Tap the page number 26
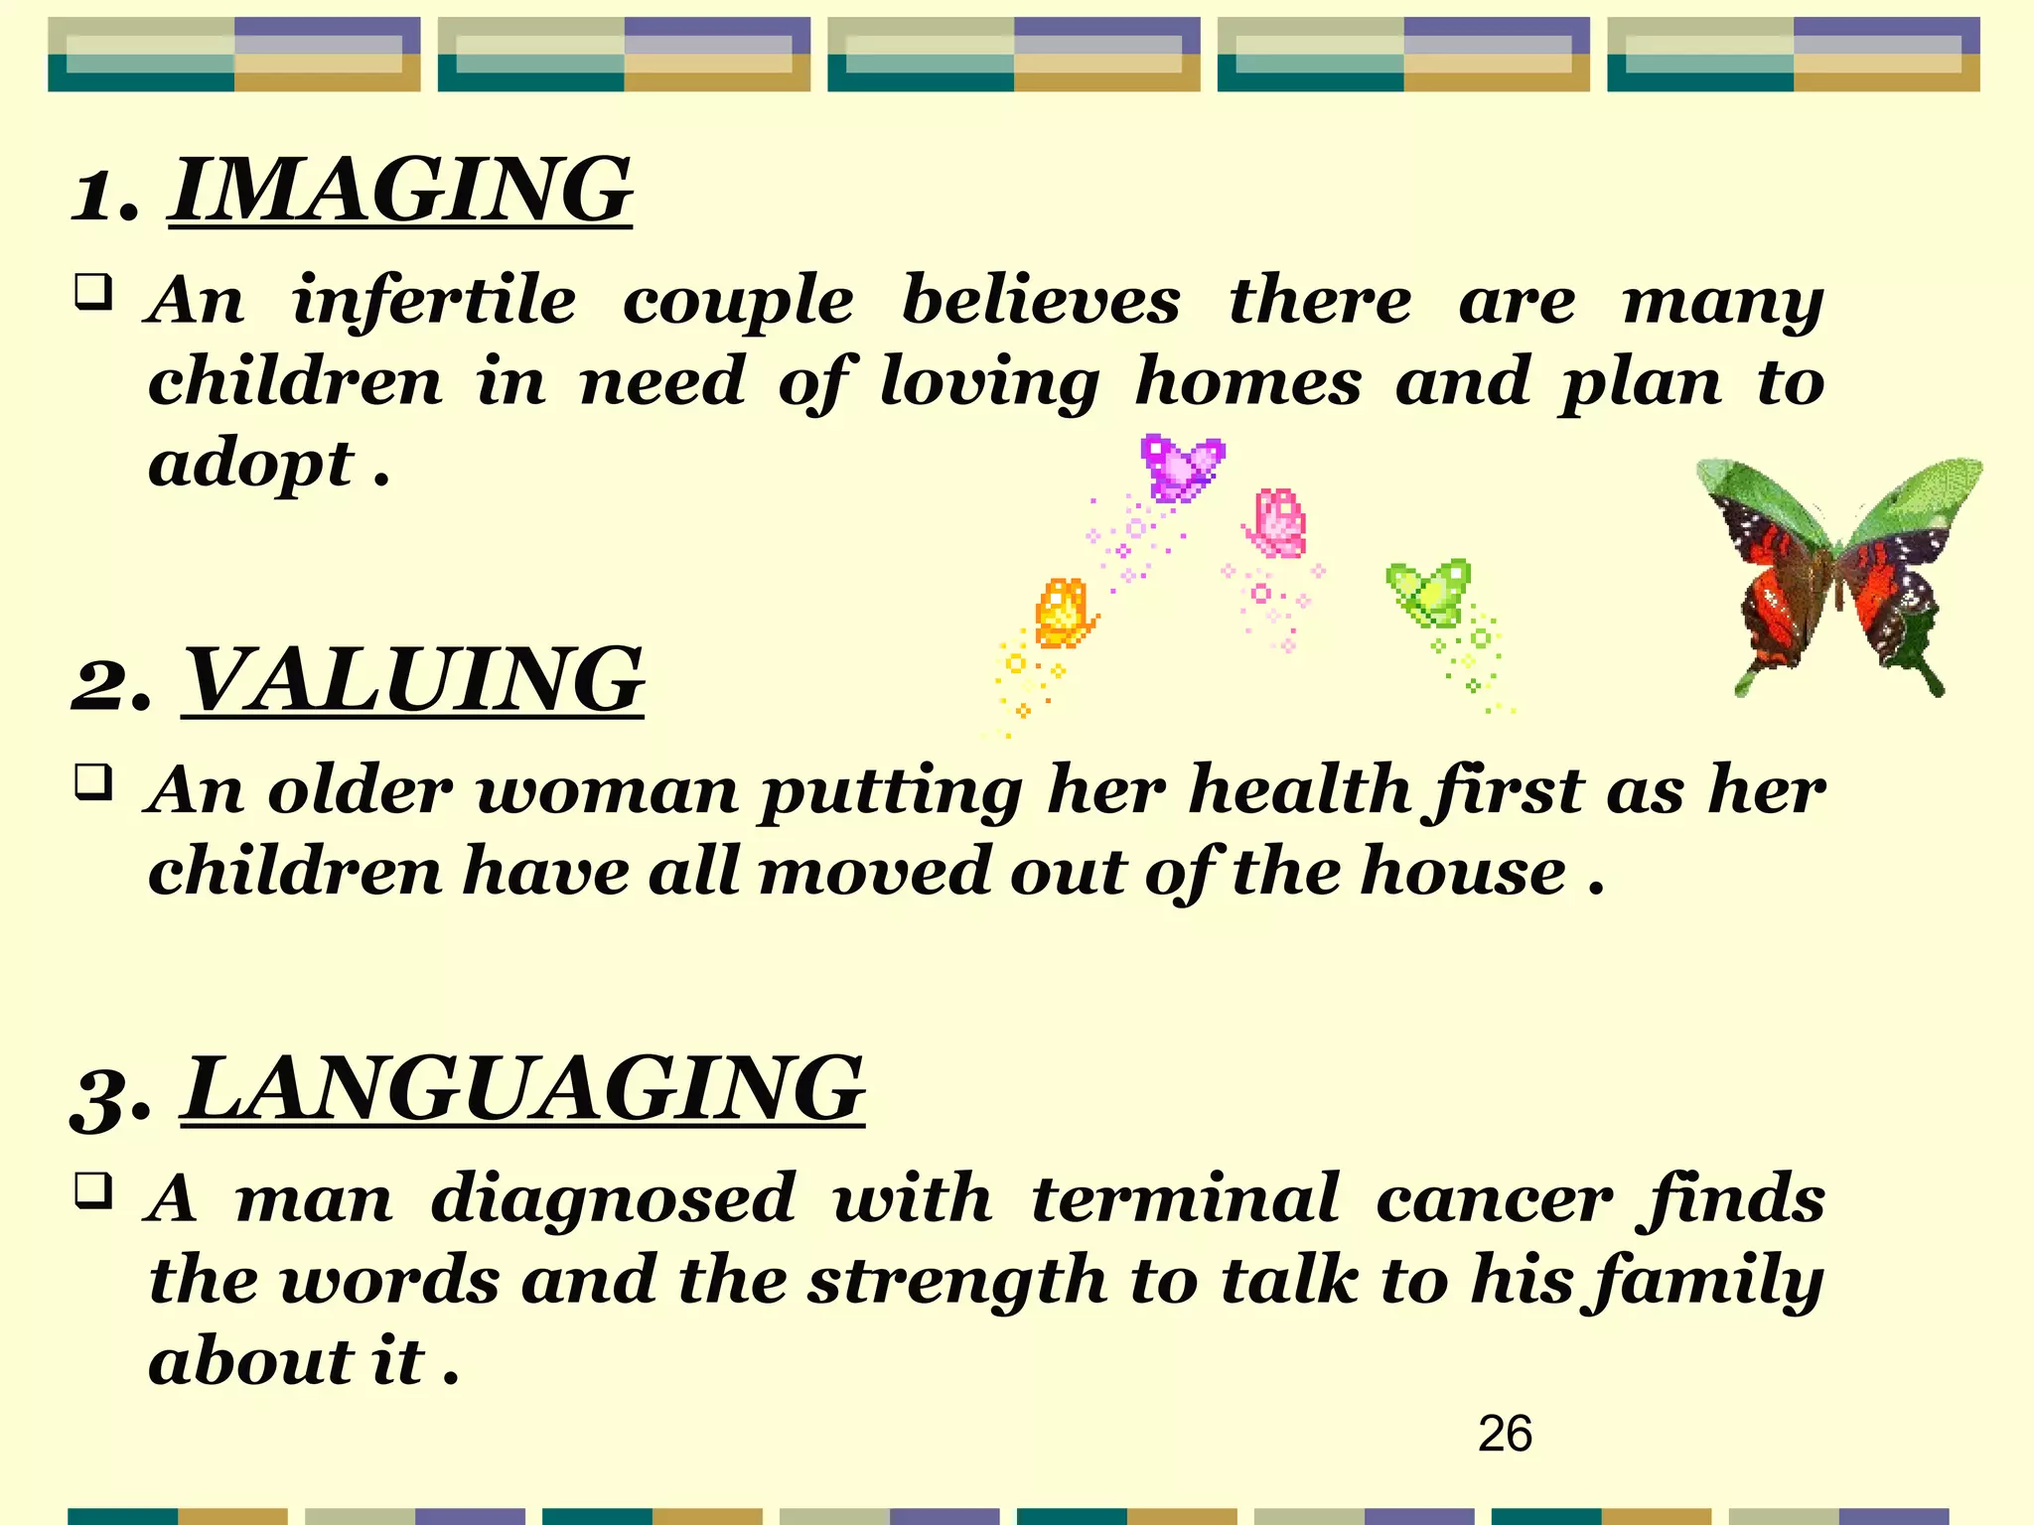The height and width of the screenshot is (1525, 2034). click(1505, 1434)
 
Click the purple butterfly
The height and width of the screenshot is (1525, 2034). click(1182, 467)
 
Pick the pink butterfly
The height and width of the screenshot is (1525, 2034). click(1277, 523)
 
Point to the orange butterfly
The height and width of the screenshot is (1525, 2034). click(1063, 613)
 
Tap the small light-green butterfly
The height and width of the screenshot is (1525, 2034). click(1430, 593)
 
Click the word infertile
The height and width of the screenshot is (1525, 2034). click(433, 300)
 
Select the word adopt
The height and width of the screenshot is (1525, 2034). click(250, 465)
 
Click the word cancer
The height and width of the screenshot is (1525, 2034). click(1495, 1199)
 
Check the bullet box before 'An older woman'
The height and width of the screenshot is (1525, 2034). click(93, 783)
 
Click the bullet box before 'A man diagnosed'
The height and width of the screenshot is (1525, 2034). click(93, 1190)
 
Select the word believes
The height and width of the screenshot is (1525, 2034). click(1041, 300)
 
